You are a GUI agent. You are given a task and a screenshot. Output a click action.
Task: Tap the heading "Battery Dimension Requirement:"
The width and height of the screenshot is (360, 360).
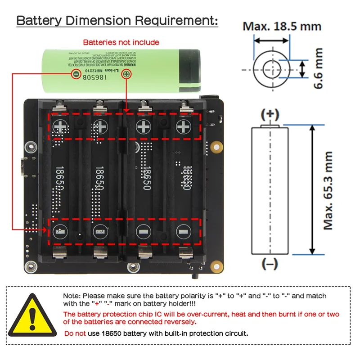(117, 21)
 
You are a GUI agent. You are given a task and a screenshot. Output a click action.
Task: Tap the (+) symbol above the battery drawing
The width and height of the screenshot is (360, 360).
(270, 114)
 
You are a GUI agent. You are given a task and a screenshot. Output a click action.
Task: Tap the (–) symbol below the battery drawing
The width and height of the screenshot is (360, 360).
(270, 265)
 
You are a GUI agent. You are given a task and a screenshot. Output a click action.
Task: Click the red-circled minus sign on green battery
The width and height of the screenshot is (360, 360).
(76, 73)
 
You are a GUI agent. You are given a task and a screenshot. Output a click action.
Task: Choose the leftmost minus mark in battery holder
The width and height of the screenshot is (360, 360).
(59, 232)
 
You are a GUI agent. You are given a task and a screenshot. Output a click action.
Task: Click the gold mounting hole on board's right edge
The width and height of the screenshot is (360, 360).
(216, 147)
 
